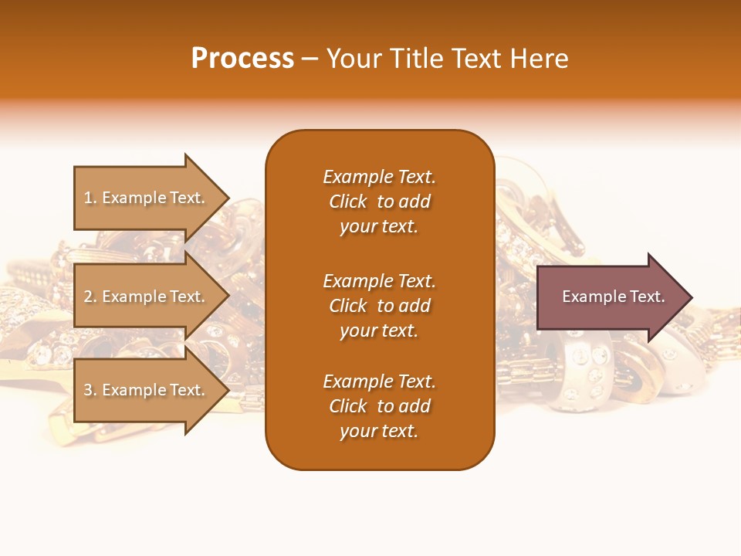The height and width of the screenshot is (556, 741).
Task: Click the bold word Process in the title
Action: (242, 59)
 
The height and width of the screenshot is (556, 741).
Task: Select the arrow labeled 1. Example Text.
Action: (147, 198)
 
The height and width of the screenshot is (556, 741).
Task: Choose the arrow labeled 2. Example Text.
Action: (147, 297)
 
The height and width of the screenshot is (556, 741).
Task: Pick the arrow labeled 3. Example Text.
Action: (147, 390)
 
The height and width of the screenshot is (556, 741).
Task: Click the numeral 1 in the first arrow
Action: (88, 198)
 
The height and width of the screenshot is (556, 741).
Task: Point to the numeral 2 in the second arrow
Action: (88, 297)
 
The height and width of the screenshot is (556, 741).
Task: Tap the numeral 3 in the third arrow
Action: (88, 390)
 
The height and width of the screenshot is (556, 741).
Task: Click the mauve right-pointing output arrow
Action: (610, 297)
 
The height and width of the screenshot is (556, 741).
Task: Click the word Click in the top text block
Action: (348, 202)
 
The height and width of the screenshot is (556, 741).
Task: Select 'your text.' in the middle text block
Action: (379, 331)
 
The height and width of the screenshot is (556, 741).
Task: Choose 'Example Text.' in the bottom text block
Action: (379, 381)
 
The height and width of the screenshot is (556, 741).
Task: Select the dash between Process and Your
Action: (310, 59)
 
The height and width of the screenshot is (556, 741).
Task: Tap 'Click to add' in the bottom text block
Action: (379, 406)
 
